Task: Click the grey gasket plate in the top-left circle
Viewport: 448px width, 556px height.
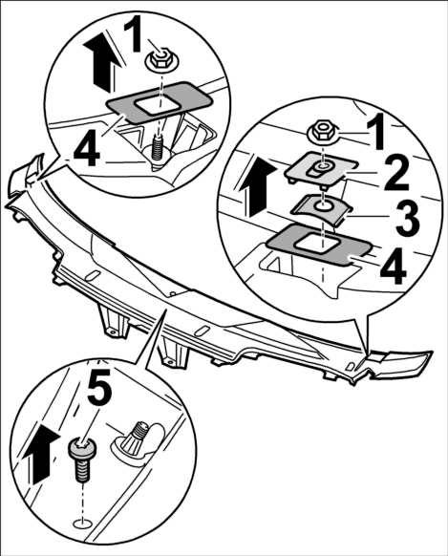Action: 160,102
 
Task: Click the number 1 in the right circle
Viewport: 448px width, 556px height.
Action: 375,131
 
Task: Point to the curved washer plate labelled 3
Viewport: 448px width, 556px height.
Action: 321,209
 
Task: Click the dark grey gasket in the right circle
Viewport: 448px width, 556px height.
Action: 318,245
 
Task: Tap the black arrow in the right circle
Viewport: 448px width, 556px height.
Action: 258,187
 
